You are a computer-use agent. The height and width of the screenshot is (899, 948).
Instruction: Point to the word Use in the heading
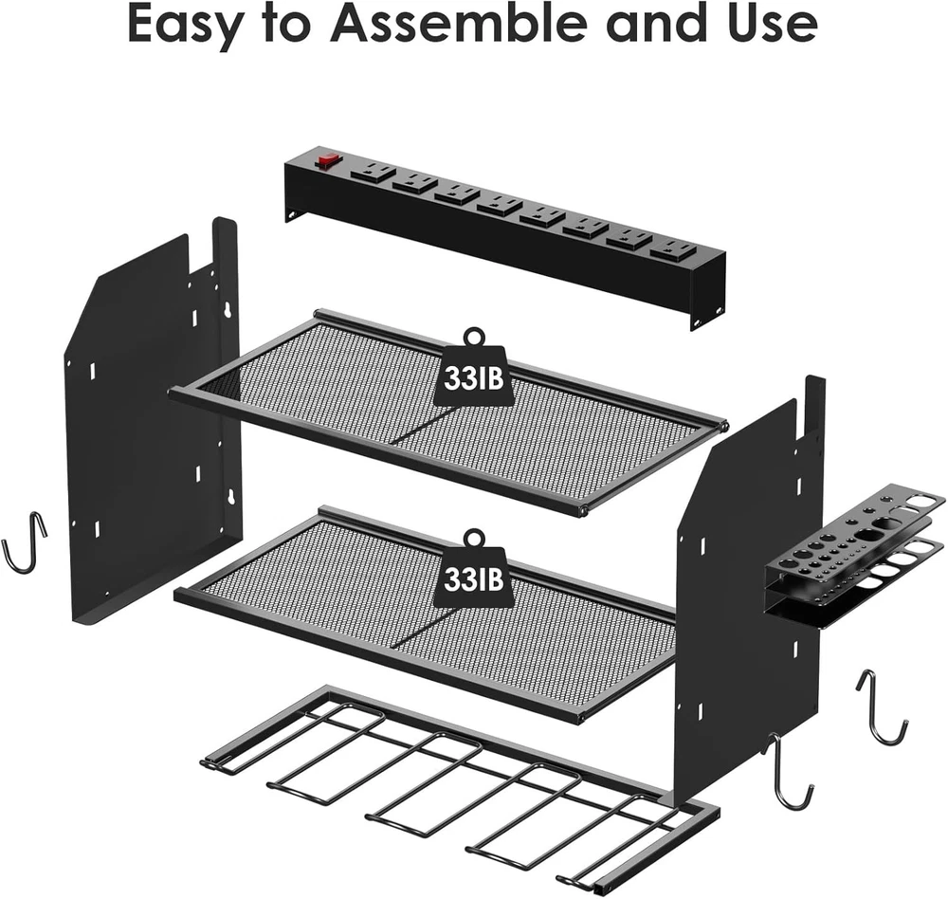click(774, 24)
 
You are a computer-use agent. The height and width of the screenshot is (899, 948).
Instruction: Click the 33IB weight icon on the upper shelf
click(473, 370)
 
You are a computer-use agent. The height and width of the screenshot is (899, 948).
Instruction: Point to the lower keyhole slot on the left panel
click(229, 497)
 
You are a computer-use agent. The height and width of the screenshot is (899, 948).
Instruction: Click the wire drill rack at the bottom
click(460, 793)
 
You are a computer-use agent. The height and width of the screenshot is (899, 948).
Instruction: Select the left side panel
click(151, 424)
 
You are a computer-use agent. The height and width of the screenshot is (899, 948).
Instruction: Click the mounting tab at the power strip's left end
click(293, 213)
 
